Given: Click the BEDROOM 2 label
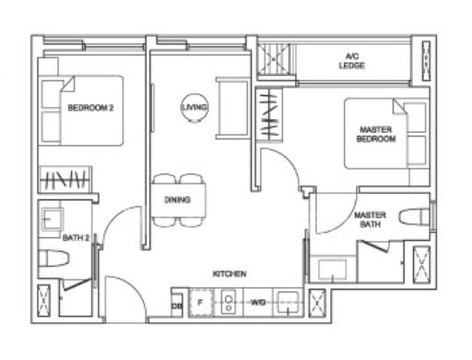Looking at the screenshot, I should coord(91,108).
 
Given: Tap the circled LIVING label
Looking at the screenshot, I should coord(195,107).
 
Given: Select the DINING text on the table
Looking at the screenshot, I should coord(178,200).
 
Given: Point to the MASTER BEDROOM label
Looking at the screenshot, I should coord(376,134).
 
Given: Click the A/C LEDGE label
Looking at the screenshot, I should coord(351,61).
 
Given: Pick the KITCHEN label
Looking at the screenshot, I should coord(229,274).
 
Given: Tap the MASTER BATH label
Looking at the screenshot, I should coord(370,220).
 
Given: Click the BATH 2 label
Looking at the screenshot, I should coord(76,238).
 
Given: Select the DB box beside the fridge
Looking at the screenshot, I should coord(177,305).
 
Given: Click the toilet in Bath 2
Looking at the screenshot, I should coord(53,259).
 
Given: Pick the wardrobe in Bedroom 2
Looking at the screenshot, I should coord(65,179).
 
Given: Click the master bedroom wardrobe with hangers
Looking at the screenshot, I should coord(268,114).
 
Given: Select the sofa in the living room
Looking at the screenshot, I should coord(232,108).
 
